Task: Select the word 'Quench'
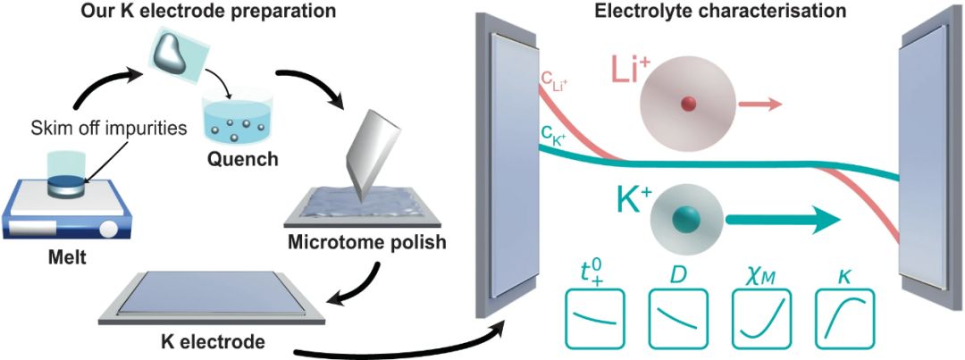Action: click(242, 159)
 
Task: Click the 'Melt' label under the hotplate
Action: click(68, 257)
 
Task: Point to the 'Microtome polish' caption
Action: click(367, 241)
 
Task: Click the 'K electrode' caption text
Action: click(211, 339)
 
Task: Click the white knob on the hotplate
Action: click(109, 230)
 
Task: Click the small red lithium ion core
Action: click(688, 105)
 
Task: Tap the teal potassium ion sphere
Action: click(684, 219)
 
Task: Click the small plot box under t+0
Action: click(594, 318)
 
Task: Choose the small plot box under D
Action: click(678, 318)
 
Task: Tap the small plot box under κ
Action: click(844, 318)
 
